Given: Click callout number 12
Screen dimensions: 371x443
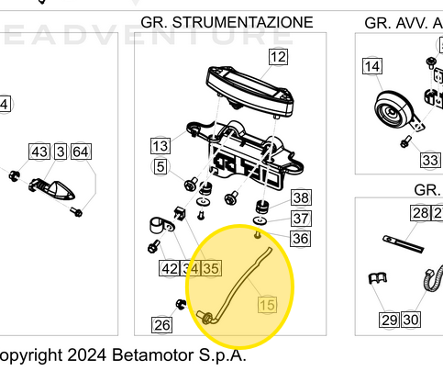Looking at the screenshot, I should (277, 57).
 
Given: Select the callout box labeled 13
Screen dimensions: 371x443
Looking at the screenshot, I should (161, 146).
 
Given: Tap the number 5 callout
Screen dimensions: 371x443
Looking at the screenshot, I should (161, 167).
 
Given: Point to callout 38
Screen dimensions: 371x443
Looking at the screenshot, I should (301, 197).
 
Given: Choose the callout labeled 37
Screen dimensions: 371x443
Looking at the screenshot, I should (301, 218).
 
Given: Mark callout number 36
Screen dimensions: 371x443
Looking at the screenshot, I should (300, 238).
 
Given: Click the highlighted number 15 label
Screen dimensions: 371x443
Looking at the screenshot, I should (267, 306).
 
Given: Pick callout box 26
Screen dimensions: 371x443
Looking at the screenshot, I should (161, 324).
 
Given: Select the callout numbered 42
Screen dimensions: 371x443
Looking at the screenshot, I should (170, 269).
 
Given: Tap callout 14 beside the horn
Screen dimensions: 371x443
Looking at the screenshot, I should (371, 66).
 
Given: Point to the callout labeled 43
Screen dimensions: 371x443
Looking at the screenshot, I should (39, 152).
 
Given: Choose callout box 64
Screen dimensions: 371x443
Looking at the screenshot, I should (81, 152).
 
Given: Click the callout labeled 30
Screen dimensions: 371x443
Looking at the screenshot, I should (411, 320).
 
